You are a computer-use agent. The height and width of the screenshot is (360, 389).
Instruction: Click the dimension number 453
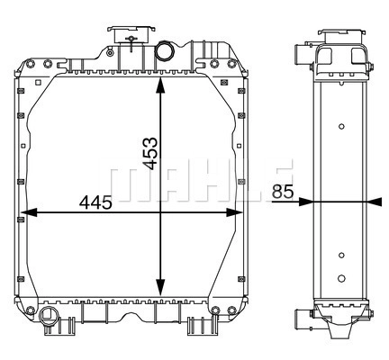[x=149, y=153]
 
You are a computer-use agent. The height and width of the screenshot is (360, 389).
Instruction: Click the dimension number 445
[x=95, y=202]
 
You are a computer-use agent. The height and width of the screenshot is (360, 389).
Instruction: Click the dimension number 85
[x=283, y=192]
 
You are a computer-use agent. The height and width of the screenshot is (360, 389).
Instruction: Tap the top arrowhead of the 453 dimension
[x=160, y=85]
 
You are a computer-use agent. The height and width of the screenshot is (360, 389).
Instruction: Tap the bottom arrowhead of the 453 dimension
[x=160, y=288]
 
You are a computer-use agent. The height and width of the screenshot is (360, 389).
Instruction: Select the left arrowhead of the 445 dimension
[x=30, y=212]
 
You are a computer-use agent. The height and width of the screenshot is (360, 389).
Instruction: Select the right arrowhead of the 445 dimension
[x=234, y=212]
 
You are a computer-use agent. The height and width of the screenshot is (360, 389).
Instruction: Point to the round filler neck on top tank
[x=165, y=50]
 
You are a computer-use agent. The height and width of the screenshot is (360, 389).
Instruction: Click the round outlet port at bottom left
[x=47, y=314]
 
